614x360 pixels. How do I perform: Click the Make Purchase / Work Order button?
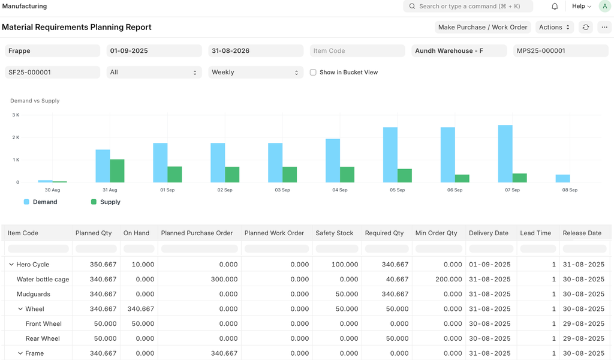[483, 27]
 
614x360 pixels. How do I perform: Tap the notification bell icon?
[555, 6]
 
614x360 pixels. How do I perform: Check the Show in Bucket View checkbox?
[313, 72]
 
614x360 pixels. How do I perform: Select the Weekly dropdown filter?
[255, 72]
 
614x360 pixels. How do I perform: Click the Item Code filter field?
[357, 50]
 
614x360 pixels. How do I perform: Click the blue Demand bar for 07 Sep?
[505, 154]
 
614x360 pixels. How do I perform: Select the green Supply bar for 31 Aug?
[117, 171]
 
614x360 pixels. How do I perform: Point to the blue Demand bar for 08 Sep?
[562, 178]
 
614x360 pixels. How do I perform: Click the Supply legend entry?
[106, 202]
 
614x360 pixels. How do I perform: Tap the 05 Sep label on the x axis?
[397, 190]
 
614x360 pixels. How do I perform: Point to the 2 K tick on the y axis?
[16, 137]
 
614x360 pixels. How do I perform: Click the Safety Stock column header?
[335, 233]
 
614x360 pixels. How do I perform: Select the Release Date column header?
[582, 233]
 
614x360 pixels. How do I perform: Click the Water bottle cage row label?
[43, 280]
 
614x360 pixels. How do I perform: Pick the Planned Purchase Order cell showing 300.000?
[224, 280]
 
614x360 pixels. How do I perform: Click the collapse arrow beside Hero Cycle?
[11, 265]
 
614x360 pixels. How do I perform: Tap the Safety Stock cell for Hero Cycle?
[345, 265]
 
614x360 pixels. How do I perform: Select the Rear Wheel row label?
[43, 338]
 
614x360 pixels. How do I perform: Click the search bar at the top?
[468, 6]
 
